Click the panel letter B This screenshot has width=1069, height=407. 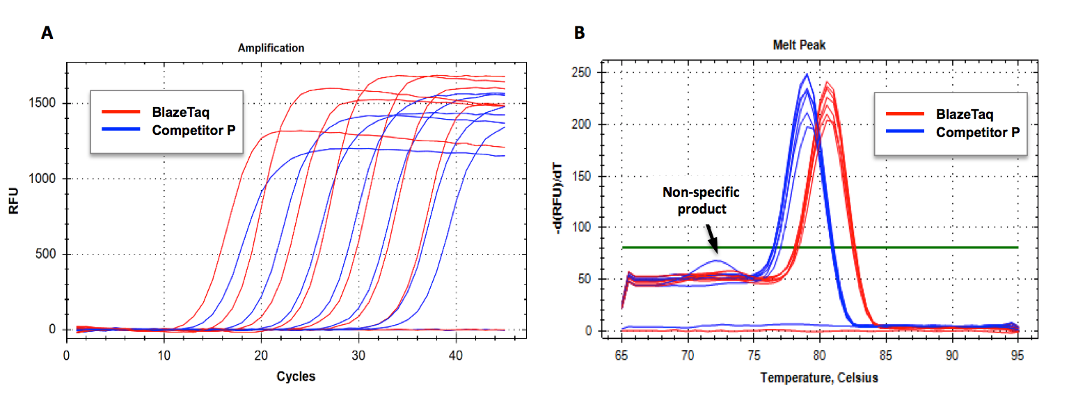579,33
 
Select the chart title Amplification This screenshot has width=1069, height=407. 271,48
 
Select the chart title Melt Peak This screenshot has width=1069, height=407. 798,45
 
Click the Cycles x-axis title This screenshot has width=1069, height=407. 296,376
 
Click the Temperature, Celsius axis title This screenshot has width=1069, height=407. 819,378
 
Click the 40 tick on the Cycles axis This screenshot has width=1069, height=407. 456,354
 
